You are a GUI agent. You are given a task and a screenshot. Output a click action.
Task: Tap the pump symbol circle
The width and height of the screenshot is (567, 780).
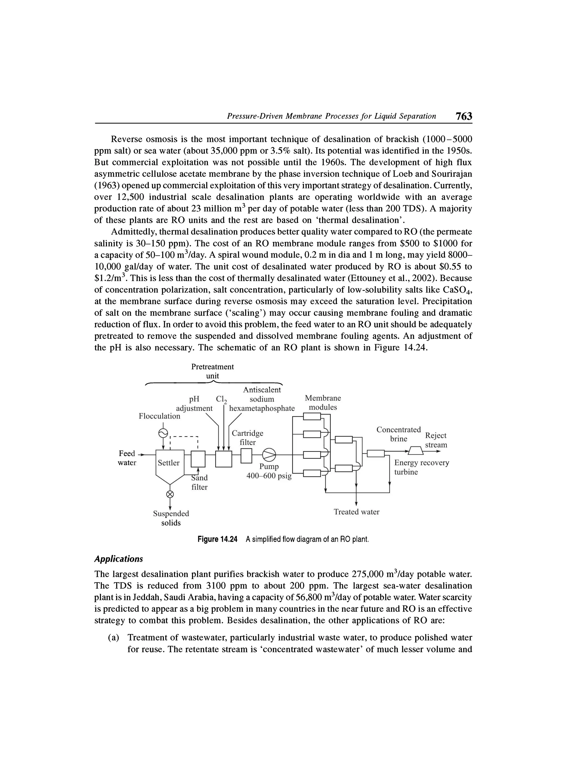pos(269,455)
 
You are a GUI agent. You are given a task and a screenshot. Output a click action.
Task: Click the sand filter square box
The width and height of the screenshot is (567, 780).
pos(198,459)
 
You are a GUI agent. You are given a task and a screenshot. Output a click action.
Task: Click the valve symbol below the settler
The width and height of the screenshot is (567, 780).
pos(169,494)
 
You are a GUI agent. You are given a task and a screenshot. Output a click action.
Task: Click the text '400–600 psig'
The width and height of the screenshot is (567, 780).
pos(269,476)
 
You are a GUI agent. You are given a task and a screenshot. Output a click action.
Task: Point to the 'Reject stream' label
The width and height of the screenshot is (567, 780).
pos(436,440)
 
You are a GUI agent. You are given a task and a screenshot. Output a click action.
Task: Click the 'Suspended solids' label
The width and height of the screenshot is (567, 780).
pos(171,518)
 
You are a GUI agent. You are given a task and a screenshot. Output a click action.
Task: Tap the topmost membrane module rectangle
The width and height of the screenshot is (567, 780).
pos(312,417)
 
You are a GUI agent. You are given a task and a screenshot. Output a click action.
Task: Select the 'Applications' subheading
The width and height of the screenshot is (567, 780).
pos(118,559)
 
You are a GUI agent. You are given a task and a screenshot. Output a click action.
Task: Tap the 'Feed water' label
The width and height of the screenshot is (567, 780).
pos(127,458)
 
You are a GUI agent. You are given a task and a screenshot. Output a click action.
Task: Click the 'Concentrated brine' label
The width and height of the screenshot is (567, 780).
pos(398,434)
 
